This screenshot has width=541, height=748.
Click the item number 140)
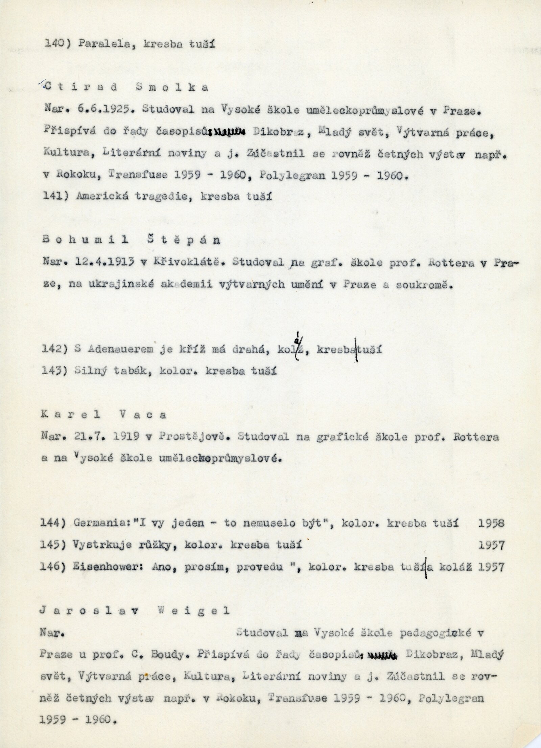pos(55,44)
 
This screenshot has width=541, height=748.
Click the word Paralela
pos(96,44)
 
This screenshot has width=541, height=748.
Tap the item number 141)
pos(55,196)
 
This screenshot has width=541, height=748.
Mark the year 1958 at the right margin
pos(491,523)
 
